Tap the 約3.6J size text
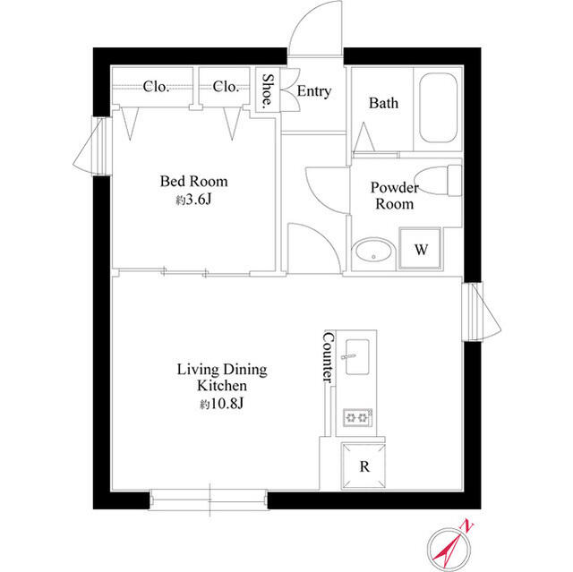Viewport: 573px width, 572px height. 193,200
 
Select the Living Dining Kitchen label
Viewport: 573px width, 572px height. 221,377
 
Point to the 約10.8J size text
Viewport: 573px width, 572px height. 222,405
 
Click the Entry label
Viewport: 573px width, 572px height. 313,91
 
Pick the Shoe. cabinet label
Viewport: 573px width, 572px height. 267,90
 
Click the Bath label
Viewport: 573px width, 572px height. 383,103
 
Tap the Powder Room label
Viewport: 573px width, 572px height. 394,195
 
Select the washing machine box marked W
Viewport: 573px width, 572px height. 420,248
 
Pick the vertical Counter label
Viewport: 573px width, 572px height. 328,358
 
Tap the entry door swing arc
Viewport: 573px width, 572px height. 313,31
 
